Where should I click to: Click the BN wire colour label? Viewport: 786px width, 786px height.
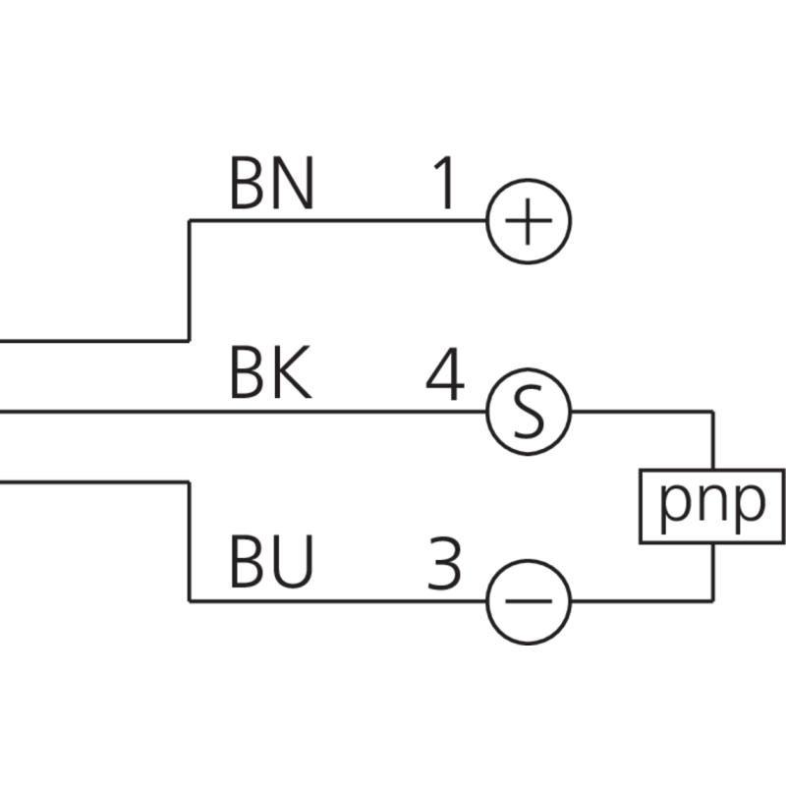click(x=271, y=185)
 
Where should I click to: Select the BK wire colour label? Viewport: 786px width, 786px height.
click(x=270, y=375)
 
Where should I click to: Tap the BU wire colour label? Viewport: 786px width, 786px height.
click(x=271, y=565)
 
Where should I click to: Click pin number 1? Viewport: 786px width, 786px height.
click(x=444, y=185)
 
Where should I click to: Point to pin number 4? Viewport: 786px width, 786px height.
click(x=444, y=375)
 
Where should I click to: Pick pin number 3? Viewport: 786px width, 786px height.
click(x=444, y=565)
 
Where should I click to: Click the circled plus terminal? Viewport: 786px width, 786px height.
click(x=529, y=221)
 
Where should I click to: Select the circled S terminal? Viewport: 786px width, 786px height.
click(x=529, y=412)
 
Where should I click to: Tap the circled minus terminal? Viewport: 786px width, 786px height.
click(x=529, y=601)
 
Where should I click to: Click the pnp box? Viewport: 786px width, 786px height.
click(x=711, y=506)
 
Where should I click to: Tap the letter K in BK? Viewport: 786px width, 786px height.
click(x=293, y=375)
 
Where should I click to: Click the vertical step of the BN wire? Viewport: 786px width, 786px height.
click(x=189, y=280)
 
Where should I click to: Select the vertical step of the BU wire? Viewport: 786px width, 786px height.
click(x=189, y=540)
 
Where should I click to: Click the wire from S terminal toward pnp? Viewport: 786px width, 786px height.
click(x=639, y=412)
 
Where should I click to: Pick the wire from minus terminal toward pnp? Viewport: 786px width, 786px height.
click(x=639, y=601)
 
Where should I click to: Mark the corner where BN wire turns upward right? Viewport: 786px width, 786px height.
click(x=189, y=221)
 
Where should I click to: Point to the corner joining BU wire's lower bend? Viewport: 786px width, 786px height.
click(x=189, y=601)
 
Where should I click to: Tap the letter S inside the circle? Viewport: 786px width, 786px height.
click(x=529, y=412)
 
